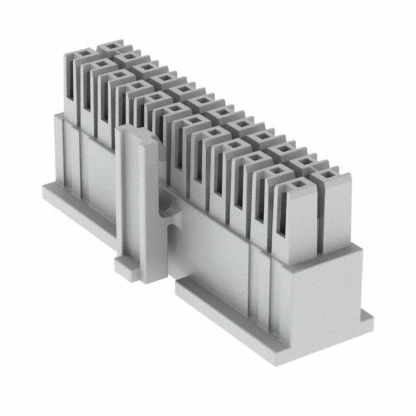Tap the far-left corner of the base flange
pyautogui.click(x=45, y=188)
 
